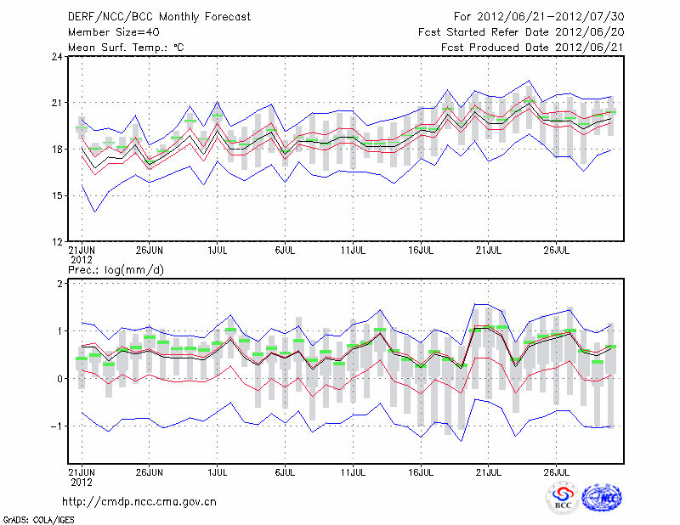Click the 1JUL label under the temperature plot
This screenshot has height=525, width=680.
point(218,250)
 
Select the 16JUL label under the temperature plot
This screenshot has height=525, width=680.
point(422,250)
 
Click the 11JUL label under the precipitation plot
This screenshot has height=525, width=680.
point(354,469)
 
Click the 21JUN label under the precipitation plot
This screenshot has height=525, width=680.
point(82,469)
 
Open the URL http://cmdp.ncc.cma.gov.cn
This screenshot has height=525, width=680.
point(140,501)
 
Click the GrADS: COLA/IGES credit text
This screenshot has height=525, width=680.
point(37,518)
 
